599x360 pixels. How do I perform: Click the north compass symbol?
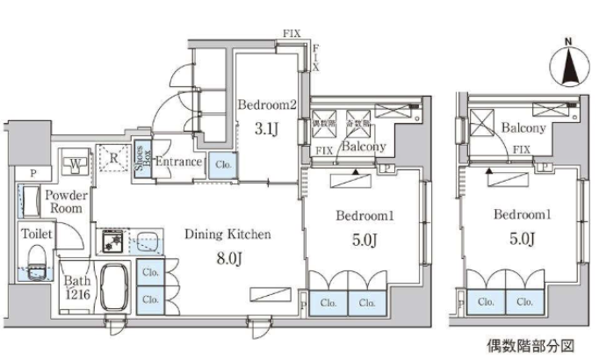click(x=567, y=61)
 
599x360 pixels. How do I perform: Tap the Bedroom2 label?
click(x=268, y=104)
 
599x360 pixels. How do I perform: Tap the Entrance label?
click(x=179, y=162)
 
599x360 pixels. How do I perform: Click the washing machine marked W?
click(x=76, y=162)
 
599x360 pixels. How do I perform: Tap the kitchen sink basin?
click(x=147, y=238)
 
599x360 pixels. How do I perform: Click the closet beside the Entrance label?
click(x=222, y=163)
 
